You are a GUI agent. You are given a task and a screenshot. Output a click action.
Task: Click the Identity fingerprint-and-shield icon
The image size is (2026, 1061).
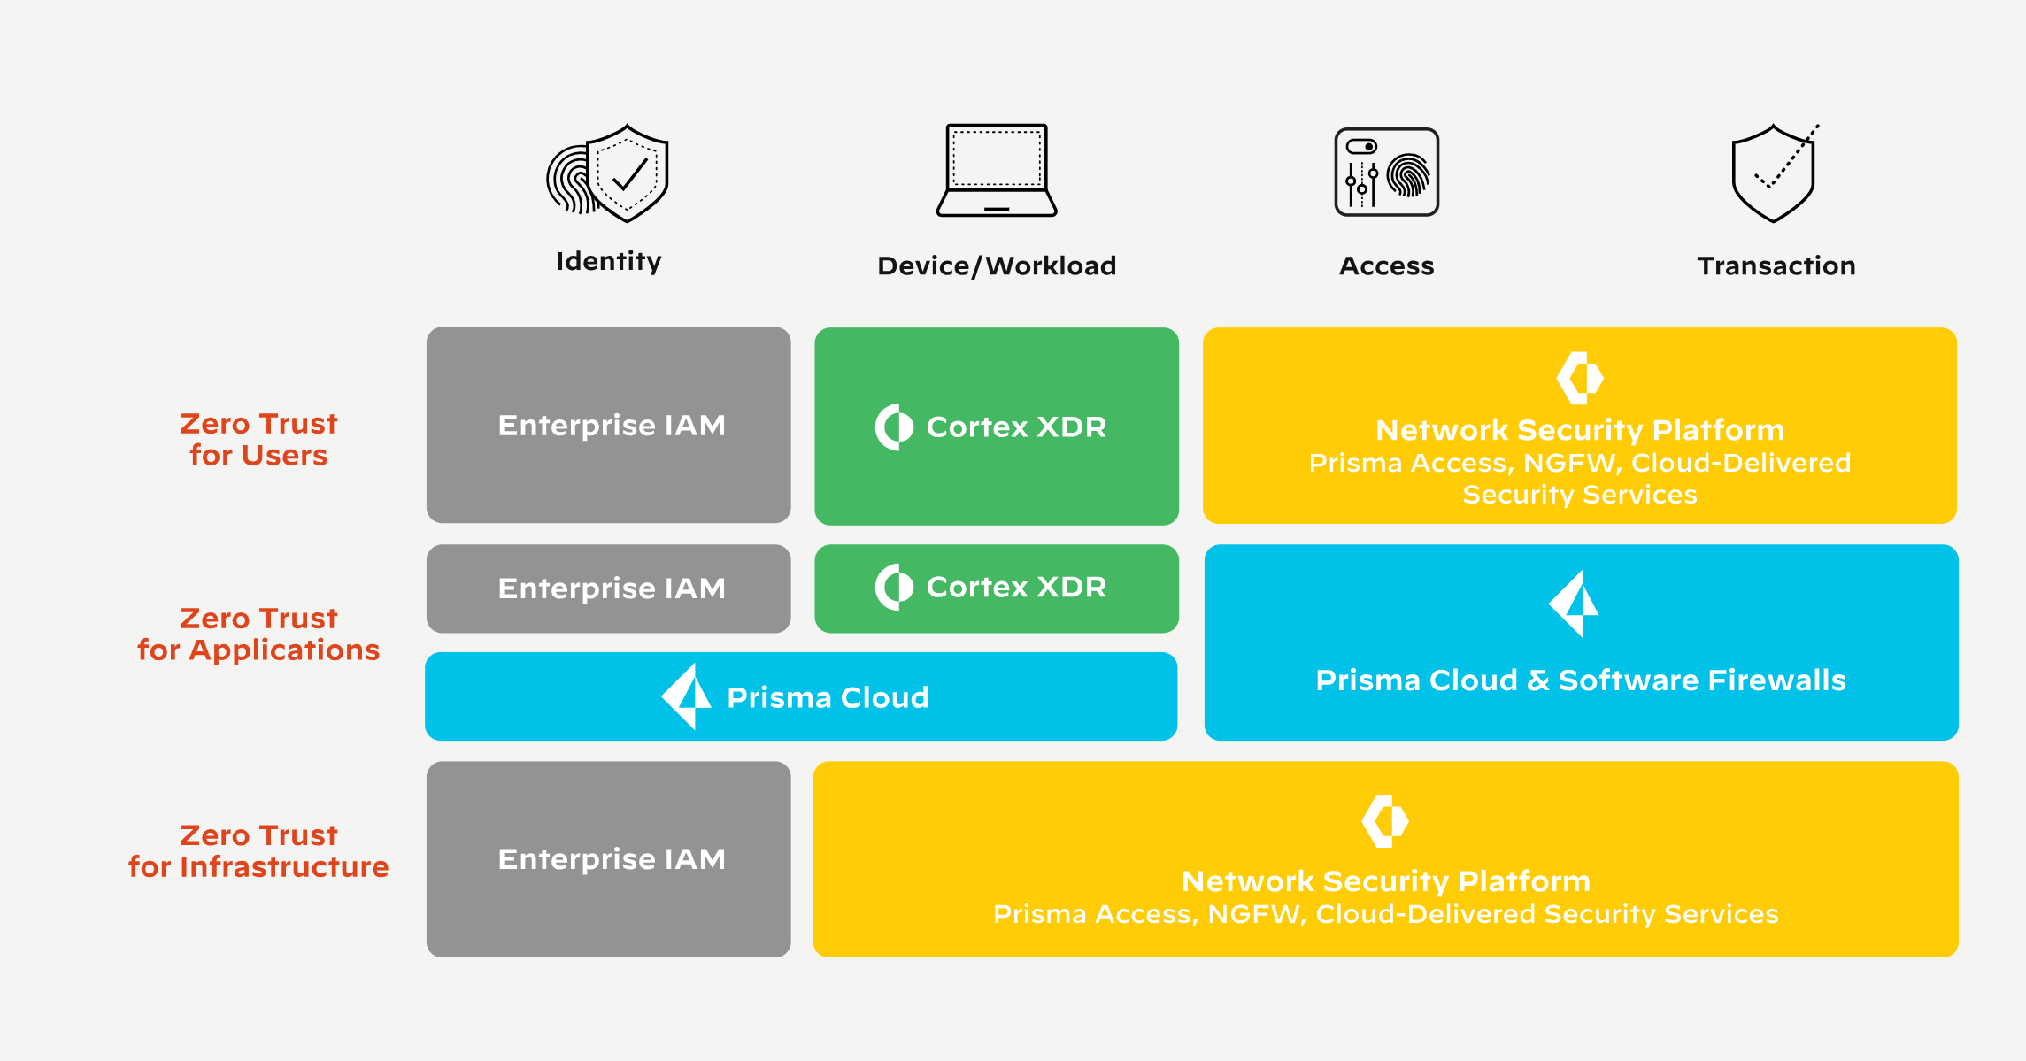608,173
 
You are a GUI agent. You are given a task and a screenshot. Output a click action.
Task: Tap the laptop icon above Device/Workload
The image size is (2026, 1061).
997,170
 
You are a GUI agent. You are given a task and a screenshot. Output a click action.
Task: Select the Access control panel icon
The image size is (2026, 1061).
1386,172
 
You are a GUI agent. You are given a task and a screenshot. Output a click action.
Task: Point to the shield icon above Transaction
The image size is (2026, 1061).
1774,173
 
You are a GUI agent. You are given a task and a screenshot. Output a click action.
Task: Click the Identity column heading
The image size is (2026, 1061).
609,261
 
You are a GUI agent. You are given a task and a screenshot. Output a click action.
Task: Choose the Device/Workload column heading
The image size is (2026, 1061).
997,265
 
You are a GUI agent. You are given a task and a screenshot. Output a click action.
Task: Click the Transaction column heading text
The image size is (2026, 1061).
1776,265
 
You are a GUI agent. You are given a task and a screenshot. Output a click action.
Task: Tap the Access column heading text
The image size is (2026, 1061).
1386,265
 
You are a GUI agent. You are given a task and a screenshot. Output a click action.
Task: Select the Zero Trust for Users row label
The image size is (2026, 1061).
258,439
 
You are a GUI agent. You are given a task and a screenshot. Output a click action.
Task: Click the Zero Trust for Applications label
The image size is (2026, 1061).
258,634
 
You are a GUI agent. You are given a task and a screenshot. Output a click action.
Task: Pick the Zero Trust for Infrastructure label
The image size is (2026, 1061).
258,850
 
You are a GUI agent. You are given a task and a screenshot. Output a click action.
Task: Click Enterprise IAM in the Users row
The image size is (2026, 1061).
612,426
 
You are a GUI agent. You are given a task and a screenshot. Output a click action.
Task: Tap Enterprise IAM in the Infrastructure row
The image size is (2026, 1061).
612,859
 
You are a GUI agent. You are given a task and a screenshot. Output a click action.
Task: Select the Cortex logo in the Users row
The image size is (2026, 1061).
894,427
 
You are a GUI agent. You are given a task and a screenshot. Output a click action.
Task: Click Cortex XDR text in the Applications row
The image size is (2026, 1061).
1016,587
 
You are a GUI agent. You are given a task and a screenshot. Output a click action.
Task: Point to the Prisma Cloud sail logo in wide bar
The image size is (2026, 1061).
687,696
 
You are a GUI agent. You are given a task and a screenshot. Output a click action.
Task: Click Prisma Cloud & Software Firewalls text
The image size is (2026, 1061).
1581,680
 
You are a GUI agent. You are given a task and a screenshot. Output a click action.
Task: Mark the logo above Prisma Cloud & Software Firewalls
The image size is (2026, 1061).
1574,604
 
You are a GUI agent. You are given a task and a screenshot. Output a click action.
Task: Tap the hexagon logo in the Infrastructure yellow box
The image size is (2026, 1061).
1385,820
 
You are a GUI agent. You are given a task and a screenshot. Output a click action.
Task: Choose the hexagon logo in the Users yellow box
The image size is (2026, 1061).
1580,378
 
